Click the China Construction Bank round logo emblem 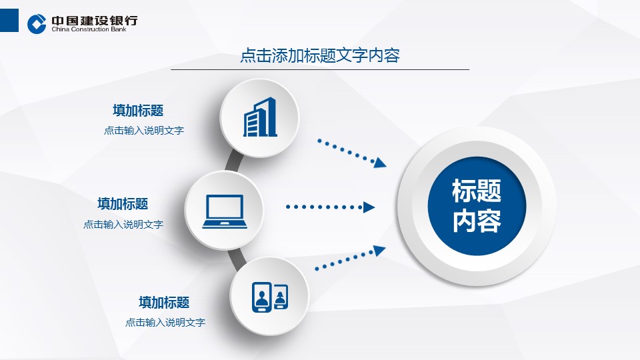(x=37, y=24)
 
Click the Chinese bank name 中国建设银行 (x=95, y=21)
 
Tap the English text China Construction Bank (x=89, y=29)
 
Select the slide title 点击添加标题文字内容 (x=320, y=55)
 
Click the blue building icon (x=260, y=117)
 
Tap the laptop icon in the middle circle (x=225, y=211)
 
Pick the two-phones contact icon (x=270, y=297)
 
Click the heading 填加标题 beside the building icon (x=138, y=110)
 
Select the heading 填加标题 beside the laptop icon (x=123, y=204)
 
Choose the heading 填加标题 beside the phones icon (x=164, y=302)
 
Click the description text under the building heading (x=144, y=131)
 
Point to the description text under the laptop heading (x=123, y=224)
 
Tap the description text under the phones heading (x=165, y=323)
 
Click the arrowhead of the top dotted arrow (x=380, y=163)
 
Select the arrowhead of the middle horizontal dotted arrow (x=369, y=207)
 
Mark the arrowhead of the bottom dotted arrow (x=379, y=250)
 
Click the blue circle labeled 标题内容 (x=477, y=206)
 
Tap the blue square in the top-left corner (x=9, y=21)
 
